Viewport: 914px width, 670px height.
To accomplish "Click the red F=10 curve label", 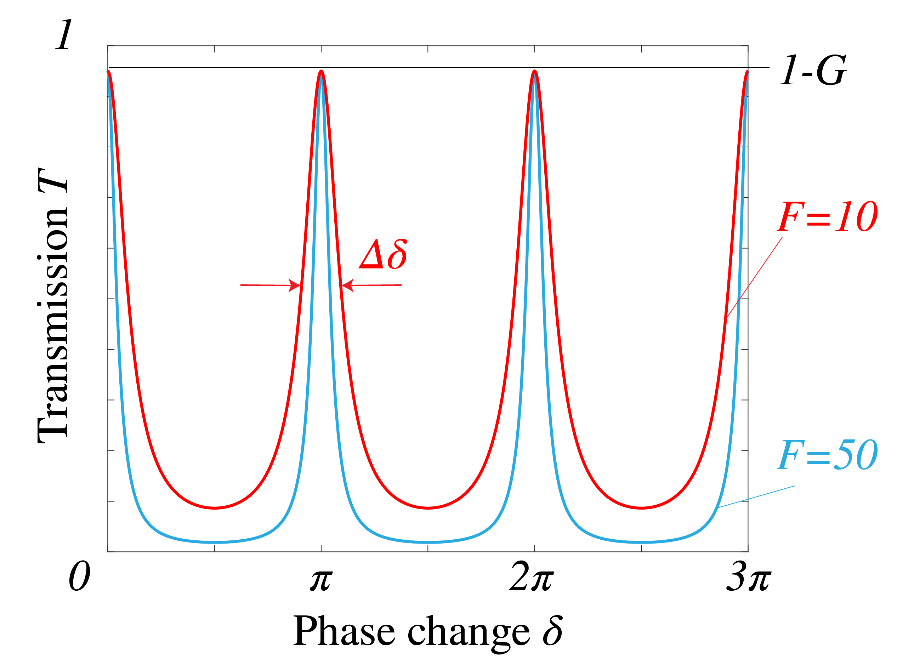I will (827, 217).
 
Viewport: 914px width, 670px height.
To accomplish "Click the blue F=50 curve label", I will (827, 455).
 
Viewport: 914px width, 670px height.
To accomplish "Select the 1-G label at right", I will (813, 71).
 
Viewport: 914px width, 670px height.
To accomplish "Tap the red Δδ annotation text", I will (383, 255).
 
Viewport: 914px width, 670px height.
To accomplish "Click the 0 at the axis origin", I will (79, 577).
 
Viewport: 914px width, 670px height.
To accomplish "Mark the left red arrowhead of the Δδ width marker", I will (294, 285).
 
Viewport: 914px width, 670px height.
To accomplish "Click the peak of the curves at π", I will (321, 72).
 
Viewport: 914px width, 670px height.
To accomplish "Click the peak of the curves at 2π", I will (534, 72).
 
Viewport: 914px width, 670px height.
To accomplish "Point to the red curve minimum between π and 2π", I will (428, 508).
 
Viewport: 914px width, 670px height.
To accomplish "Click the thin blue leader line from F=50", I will (756, 496).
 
